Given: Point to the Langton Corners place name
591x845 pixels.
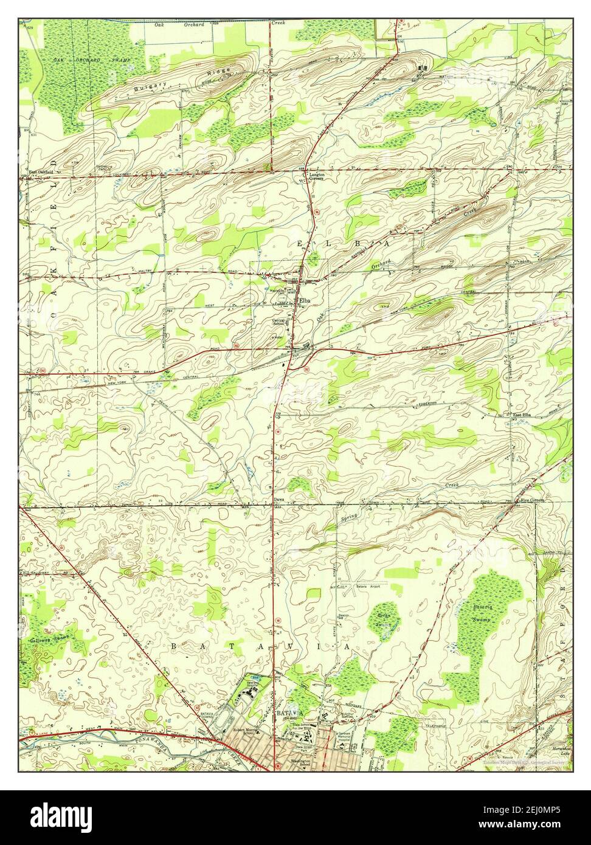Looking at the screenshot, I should (x=317, y=176).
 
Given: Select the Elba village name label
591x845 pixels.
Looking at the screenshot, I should (x=303, y=301).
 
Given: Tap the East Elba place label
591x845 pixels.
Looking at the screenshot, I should (x=521, y=415).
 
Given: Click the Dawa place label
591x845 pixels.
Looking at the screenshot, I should (x=278, y=500).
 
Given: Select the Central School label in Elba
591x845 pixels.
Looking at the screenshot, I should (x=278, y=322).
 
